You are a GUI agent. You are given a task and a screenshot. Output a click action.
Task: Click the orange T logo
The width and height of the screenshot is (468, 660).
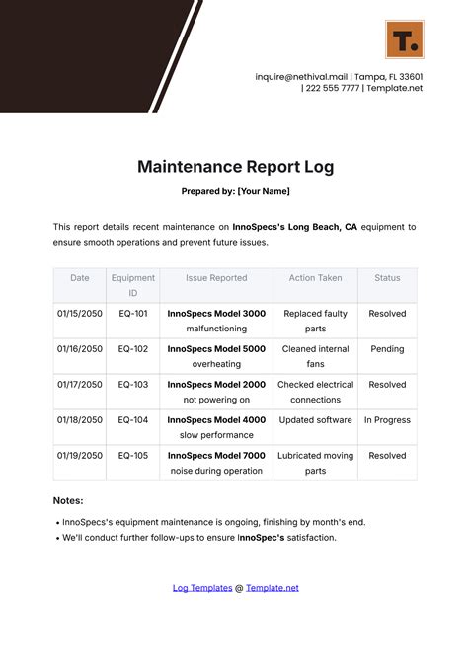click(x=404, y=38)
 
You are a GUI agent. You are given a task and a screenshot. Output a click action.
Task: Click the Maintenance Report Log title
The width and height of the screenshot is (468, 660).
click(x=234, y=166)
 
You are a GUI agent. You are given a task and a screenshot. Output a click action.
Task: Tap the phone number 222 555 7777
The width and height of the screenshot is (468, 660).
click(x=334, y=88)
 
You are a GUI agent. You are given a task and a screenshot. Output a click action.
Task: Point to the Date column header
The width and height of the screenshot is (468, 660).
click(x=79, y=278)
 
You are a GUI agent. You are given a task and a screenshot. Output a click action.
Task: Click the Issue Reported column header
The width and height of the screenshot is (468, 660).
click(x=216, y=278)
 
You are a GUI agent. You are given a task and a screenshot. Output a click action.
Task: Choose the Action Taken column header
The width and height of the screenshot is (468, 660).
click(x=315, y=278)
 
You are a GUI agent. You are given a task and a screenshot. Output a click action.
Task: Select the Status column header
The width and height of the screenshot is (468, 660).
click(x=387, y=278)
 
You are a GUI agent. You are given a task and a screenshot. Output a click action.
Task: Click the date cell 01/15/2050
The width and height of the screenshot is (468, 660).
click(x=79, y=314)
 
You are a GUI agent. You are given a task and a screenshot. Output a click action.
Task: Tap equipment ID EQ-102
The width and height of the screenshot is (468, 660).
click(x=132, y=349)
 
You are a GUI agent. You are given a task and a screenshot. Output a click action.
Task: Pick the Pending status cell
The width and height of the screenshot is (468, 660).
click(x=387, y=349)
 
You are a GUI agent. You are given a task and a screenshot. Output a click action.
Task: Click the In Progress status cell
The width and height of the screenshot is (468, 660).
click(x=387, y=420)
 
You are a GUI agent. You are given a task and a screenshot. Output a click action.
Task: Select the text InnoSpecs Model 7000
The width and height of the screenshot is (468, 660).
click(x=216, y=456)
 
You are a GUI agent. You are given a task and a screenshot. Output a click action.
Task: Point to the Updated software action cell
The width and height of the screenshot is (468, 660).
click(x=315, y=420)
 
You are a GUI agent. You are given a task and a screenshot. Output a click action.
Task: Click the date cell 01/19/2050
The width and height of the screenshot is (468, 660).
click(x=79, y=456)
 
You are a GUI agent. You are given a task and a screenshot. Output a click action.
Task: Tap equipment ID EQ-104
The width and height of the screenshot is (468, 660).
click(x=132, y=420)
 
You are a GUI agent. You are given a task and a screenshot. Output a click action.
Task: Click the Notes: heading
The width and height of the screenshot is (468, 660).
click(x=68, y=501)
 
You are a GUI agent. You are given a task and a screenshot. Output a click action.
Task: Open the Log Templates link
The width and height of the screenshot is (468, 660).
click(x=201, y=588)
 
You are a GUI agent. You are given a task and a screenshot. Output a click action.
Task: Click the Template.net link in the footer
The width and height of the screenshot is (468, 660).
click(x=272, y=588)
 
